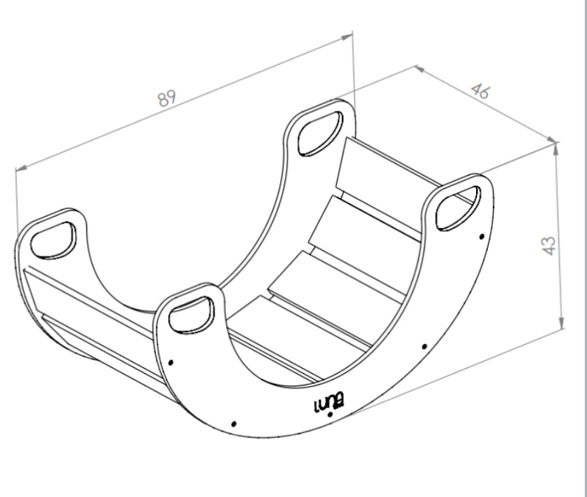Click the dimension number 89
tap(166, 98)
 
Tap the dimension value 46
tap(481, 91)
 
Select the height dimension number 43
tap(549, 246)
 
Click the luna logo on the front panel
tap(329, 404)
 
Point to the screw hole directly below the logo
tap(330, 415)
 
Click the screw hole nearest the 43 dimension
tap(481, 237)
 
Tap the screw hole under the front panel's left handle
tap(171, 362)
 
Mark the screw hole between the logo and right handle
tap(424, 347)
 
